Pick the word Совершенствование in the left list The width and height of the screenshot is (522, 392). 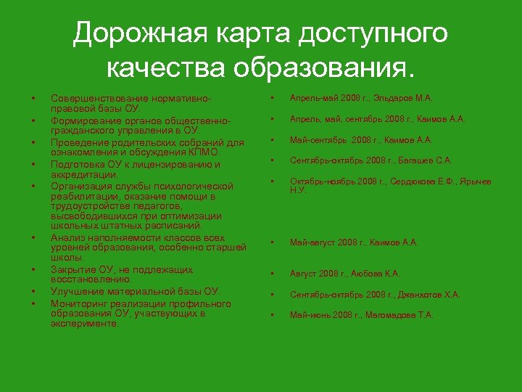click(91, 97)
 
